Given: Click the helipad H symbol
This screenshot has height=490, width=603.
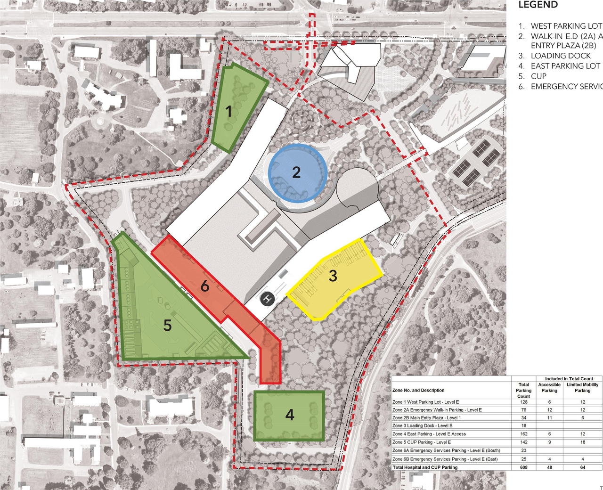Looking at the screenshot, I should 268,299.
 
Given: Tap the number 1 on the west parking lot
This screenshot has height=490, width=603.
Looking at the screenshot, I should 229,112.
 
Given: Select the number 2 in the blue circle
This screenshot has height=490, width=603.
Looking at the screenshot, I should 296,172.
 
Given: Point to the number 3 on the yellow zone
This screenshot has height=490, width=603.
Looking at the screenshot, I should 333,276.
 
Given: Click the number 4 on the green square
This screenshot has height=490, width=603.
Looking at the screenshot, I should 290,415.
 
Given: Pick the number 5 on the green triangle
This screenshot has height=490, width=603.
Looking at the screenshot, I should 167,325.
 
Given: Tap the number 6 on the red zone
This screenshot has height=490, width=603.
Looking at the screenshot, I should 205,286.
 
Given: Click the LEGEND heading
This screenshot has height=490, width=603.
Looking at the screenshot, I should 538,5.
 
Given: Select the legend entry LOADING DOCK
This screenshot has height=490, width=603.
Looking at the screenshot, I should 561,56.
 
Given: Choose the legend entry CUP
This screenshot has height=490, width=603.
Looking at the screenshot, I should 538,76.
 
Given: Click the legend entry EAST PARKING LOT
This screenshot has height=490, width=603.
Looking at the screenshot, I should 565,66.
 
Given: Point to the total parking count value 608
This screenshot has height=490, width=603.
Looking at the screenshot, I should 523,467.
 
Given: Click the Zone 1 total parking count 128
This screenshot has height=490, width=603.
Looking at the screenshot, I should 523,402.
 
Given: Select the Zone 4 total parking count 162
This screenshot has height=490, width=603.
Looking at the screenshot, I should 523,434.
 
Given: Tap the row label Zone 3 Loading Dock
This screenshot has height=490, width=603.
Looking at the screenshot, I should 422,425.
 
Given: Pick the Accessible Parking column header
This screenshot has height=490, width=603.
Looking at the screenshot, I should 549,387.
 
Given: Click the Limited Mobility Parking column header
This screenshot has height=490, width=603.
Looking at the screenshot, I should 582,387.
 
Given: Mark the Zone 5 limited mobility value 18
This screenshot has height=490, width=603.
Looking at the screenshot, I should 583,442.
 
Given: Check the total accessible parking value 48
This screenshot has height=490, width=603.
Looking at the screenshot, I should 549,467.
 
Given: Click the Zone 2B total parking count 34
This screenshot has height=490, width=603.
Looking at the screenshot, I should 523,418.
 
